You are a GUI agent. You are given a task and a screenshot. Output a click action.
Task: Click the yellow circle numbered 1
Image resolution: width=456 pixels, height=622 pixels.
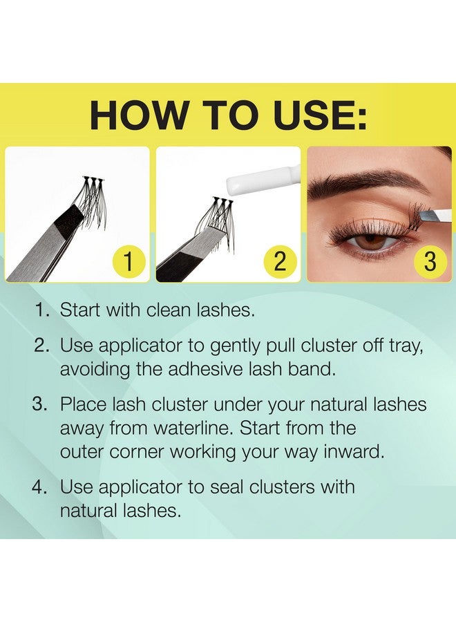[x=128, y=262]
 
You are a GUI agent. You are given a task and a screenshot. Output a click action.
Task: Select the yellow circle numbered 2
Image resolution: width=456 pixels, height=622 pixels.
[x=280, y=262]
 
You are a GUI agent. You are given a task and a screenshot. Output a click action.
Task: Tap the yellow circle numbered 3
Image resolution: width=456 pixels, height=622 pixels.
[x=430, y=262]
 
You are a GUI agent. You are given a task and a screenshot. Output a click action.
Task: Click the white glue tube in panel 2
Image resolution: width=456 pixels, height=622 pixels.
[x=263, y=180]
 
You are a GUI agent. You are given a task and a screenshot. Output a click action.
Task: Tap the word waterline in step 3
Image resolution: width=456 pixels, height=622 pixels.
[x=194, y=428]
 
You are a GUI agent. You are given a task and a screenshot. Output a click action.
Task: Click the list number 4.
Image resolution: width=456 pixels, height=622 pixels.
[x=40, y=487]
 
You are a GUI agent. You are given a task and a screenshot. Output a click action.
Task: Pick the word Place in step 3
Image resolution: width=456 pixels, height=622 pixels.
[x=84, y=404]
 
